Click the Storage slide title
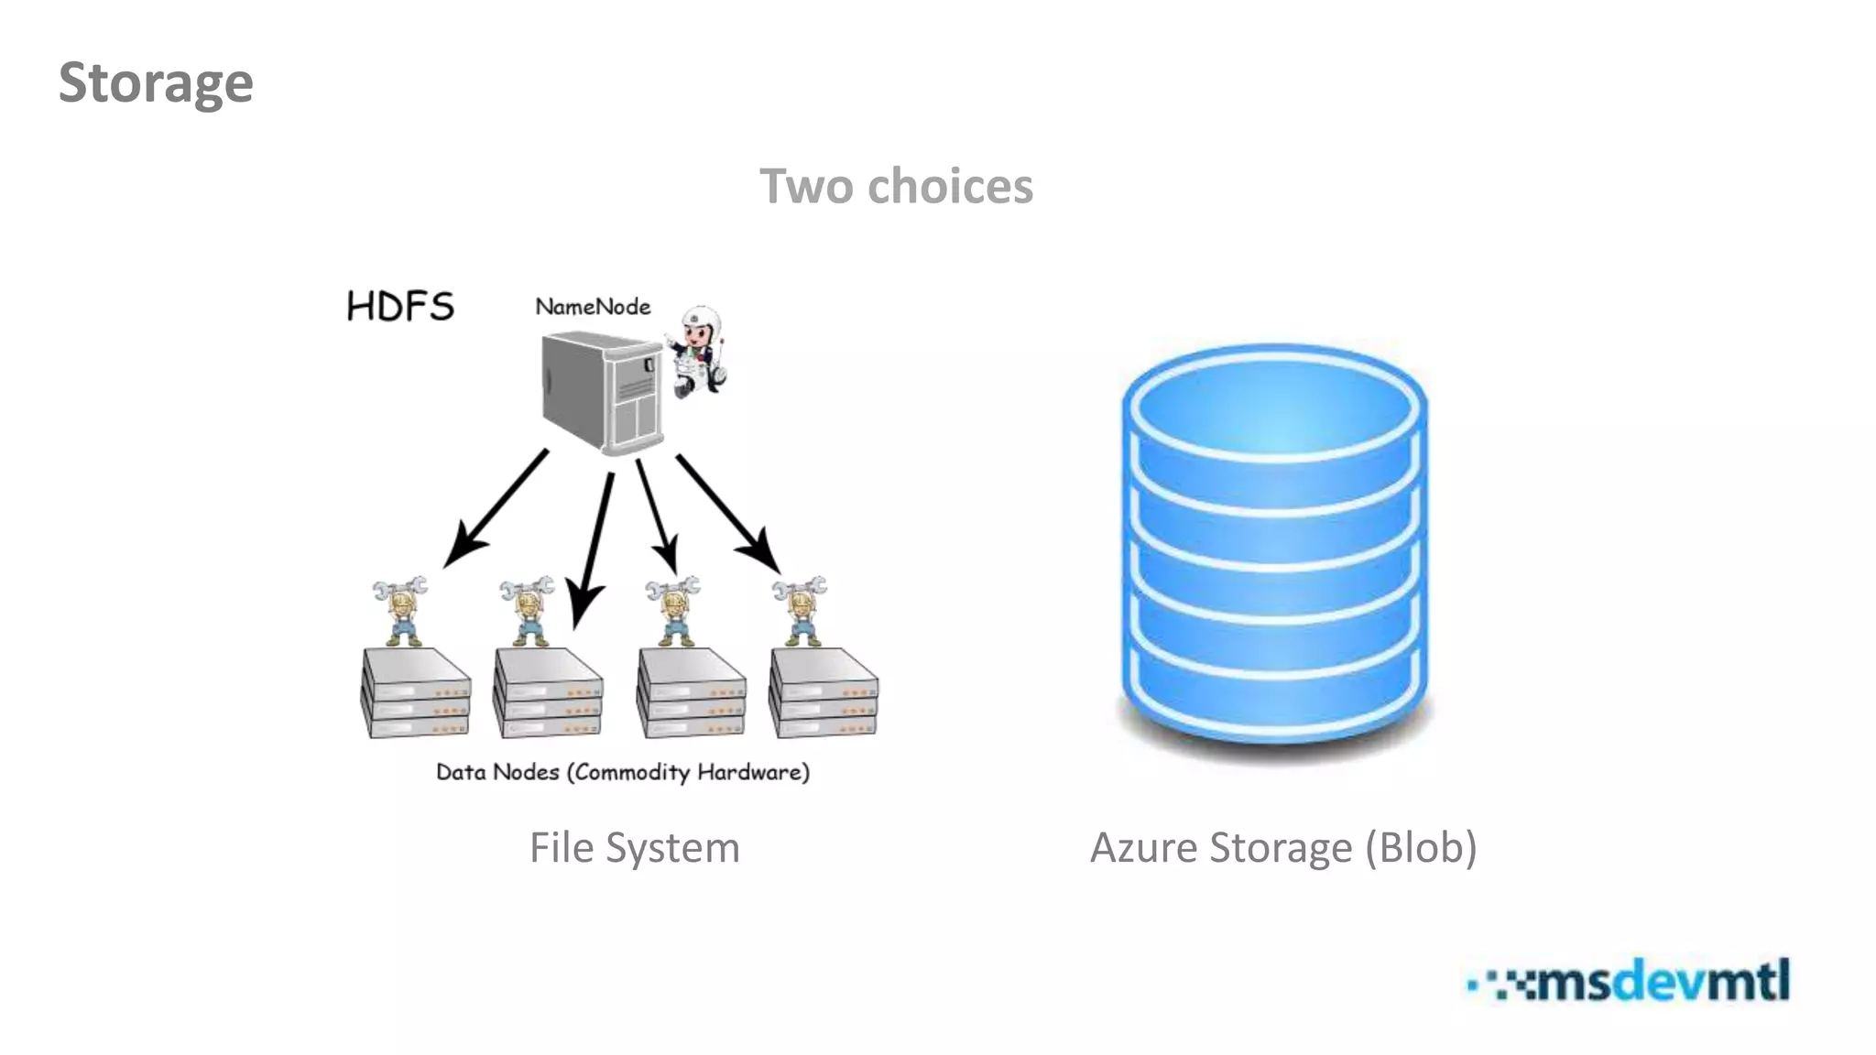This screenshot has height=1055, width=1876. pos(156,83)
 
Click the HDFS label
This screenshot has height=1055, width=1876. pos(400,307)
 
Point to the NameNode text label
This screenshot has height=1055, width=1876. pos(593,307)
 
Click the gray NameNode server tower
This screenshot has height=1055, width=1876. pos(600,392)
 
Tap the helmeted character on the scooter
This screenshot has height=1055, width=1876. pos(699,353)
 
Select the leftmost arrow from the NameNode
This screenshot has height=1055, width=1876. pos(495,508)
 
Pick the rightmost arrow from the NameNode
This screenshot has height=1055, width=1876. pos(728,513)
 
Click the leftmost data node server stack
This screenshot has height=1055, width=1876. pos(416,693)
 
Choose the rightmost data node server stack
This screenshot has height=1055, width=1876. pos(823,693)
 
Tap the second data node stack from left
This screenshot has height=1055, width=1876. pos(548,693)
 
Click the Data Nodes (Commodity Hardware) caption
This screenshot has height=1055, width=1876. pos(623,772)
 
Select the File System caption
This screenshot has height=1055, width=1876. pos(634,847)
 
